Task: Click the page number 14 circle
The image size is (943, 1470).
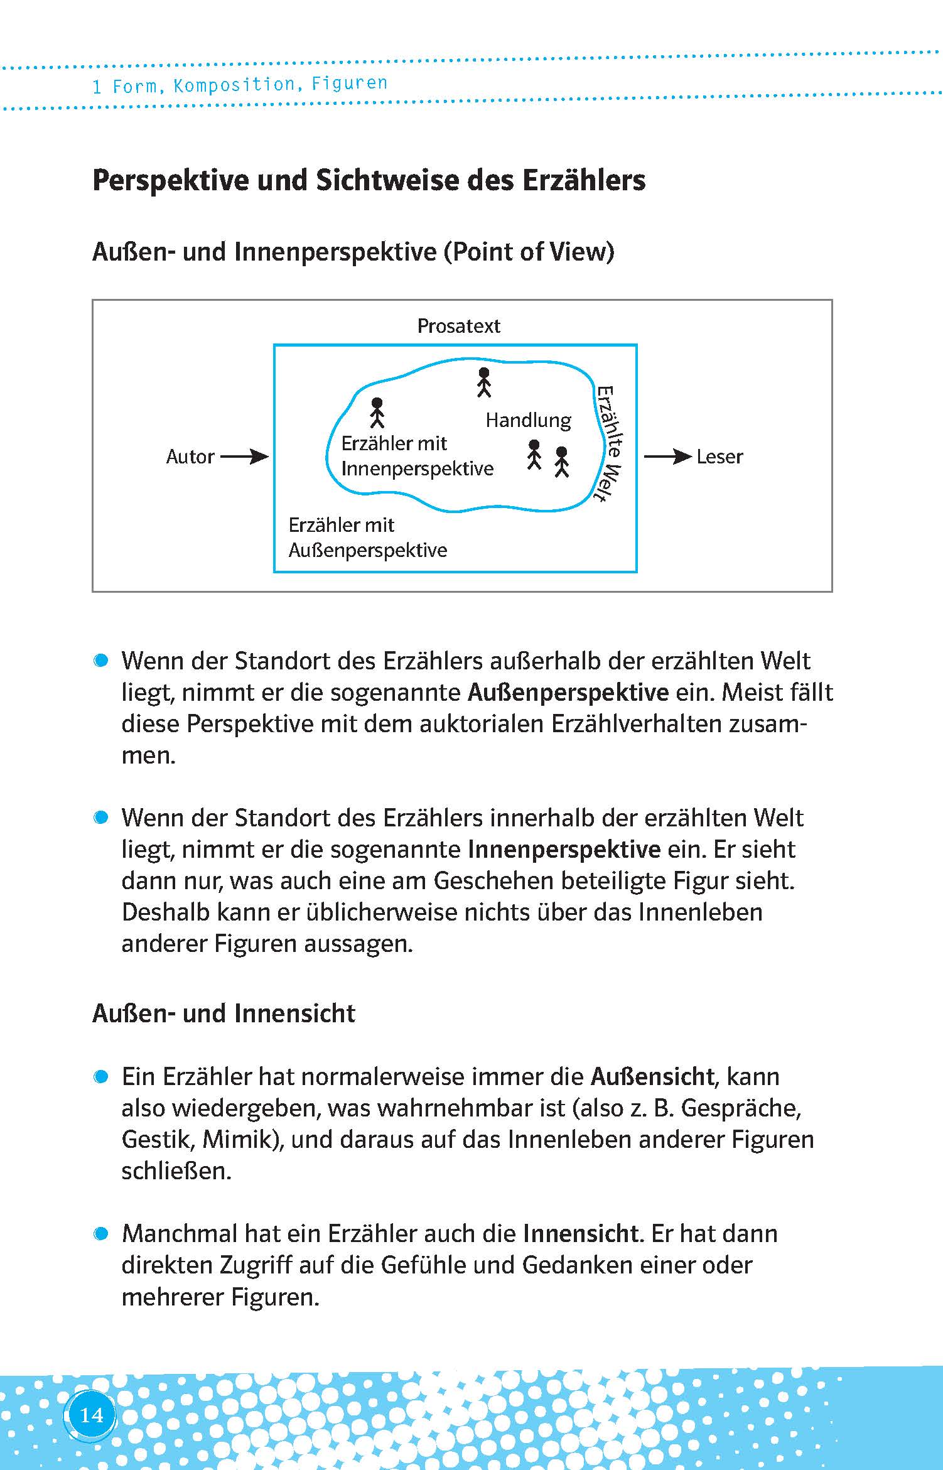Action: click(x=91, y=1415)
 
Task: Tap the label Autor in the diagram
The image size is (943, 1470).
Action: click(x=190, y=457)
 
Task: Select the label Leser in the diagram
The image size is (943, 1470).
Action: click(x=719, y=457)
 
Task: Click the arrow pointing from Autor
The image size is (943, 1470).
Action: click(x=244, y=457)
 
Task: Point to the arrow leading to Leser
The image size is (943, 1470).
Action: click(x=667, y=457)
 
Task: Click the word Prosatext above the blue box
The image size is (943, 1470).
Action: click(x=459, y=326)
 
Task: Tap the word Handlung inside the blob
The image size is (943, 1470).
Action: click(x=528, y=420)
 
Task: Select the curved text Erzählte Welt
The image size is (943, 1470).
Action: click(x=610, y=443)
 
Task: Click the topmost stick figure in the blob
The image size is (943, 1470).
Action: click(x=483, y=382)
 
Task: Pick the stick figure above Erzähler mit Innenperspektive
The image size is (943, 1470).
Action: click(x=377, y=412)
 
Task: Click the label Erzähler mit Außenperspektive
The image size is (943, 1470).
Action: click(x=367, y=538)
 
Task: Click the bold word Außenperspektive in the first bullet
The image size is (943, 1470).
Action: click(x=568, y=693)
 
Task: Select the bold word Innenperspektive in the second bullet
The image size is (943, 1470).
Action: click(x=564, y=850)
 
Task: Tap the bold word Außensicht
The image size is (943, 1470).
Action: click(x=652, y=1077)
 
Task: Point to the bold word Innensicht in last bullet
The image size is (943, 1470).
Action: click(x=581, y=1234)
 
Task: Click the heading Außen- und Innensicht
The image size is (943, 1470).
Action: click(x=224, y=1013)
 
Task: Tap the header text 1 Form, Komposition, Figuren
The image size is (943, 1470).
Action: click(x=240, y=84)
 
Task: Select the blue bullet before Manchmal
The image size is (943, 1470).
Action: click(x=100, y=1234)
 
